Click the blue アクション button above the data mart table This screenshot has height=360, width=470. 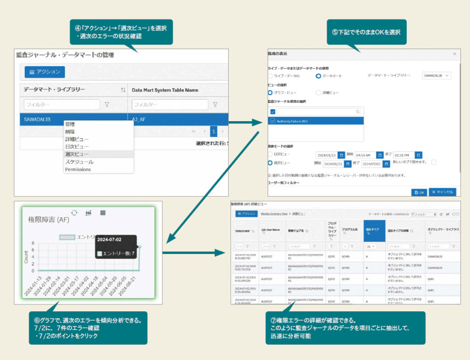tap(45, 72)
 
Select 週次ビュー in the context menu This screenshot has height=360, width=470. tap(77, 154)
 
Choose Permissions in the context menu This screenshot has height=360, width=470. tap(78, 169)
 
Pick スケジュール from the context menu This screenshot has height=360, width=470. tap(79, 162)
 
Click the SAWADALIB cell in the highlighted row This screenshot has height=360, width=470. tap(37, 119)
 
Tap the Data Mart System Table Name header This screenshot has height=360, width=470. tap(165, 90)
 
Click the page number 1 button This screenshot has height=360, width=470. tap(213, 131)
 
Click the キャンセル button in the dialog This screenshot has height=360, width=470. tap(442, 192)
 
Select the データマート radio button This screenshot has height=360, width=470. tap(319, 76)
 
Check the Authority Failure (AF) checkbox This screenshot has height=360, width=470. tap(273, 121)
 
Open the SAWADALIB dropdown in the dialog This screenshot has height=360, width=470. tap(436, 76)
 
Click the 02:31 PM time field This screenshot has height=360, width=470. tap(400, 155)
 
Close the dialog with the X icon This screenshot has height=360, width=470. tap(454, 54)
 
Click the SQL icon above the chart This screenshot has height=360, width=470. tap(89, 213)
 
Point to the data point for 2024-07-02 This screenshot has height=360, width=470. tap(140, 247)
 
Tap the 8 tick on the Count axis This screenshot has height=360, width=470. tap(33, 243)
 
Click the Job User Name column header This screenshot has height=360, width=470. tap(270, 231)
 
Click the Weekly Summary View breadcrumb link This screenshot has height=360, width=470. tap(274, 214)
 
